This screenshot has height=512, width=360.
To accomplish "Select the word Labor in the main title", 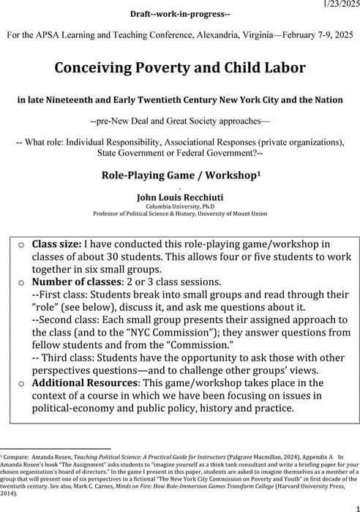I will pos(282,69).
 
